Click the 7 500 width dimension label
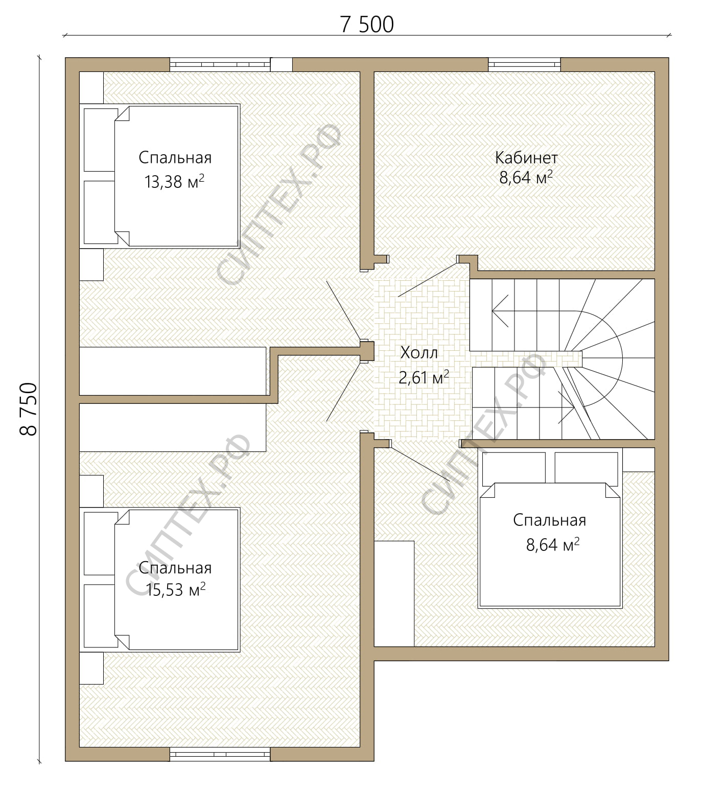point(367,25)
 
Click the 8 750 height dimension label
point(29,408)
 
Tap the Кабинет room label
point(526,157)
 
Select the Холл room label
point(419,352)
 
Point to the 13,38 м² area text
point(175,181)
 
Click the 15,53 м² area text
point(176,590)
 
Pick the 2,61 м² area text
point(424,377)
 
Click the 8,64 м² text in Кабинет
point(526,178)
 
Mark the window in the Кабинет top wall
point(524,65)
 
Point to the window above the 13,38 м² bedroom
point(220,65)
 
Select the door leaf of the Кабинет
point(427,280)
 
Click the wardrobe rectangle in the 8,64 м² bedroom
point(394,594)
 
